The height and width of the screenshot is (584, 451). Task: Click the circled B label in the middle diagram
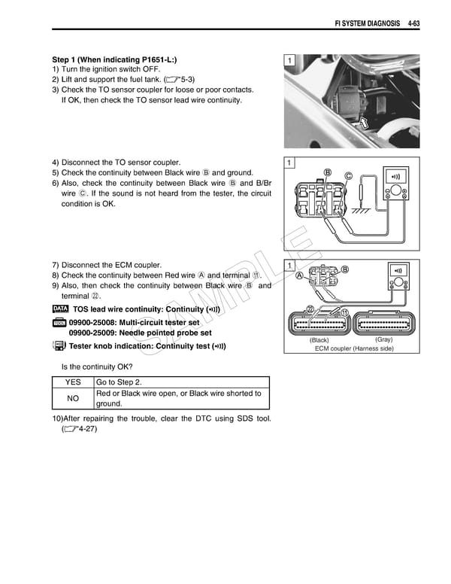pyautogui.click(x=327, y=172)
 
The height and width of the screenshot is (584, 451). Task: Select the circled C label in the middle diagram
pyautogui.click(x=348, y=176)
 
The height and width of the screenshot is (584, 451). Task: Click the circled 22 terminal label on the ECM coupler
pyautogui.click(x=310, y=310)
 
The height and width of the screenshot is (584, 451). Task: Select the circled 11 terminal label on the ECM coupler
pyautogui.click(x=344, y=312)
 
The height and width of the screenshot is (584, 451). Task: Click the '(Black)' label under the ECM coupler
pyautogui.click(x=319, y=340)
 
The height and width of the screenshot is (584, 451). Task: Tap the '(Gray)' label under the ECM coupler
pyautogui.click(x=383, y=339)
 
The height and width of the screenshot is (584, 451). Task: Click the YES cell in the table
pyautogui.click(x=73, y=382)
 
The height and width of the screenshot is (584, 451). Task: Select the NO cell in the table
pyautogui.click(x=73, y=398)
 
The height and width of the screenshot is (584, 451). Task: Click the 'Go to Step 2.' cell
pyautogui.click(x=120, y=382)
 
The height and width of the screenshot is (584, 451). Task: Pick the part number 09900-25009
pyautogui.click(x=93, y=333)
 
